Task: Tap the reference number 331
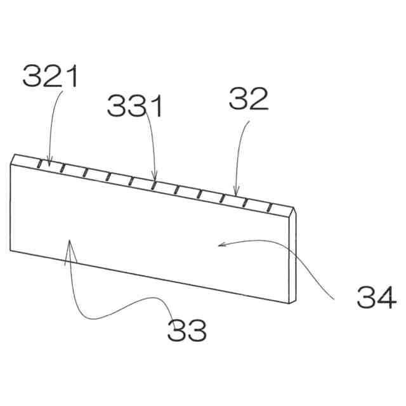click(135, 105)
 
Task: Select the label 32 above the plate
click(249, 99)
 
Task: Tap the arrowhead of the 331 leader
click(155, 180)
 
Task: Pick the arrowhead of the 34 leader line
click(219, 244)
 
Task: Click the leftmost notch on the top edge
click(39, 164)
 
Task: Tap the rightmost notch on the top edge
click(270, 207)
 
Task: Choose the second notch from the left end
click(62, 168)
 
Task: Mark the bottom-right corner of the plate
click(292, 301)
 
